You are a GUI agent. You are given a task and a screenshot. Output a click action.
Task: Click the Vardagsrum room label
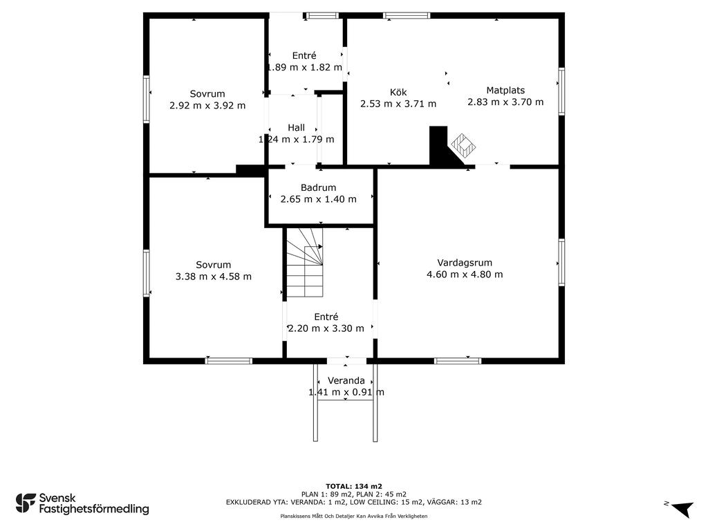click(465, 263)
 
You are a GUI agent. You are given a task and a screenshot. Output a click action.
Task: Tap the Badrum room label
click(318, 187)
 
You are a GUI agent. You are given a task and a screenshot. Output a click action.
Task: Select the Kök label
click(398, 92)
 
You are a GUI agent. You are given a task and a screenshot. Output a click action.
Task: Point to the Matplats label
click(505, 91)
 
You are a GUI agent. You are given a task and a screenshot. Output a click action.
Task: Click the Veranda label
click(346, 381)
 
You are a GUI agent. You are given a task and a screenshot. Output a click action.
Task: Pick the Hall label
click(296, 128)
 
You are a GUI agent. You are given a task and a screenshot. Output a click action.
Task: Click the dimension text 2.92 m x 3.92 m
click(207, 106)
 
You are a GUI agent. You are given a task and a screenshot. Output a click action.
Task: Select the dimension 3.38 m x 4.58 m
click(214, 277)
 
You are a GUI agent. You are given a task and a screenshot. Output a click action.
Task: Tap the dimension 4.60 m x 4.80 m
click(465, 274)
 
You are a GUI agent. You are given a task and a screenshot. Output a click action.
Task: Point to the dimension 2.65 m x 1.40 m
click(318, 199)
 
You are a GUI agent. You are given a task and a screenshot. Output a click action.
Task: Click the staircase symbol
click(305, 262)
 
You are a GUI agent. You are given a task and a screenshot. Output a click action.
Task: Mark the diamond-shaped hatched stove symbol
click(463, 145)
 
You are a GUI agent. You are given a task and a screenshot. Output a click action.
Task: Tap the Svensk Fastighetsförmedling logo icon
click(26, 503)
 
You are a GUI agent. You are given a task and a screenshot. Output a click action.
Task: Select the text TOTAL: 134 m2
click(354, 486)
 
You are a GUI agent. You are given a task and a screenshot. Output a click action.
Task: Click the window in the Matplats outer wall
click(561, 91)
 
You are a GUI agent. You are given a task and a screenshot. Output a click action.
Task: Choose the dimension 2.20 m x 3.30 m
click(326, 328)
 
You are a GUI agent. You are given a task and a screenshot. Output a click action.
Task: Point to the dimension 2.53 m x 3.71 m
click(398, 104)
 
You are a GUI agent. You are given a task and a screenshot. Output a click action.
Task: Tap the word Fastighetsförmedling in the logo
click(94, 510)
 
